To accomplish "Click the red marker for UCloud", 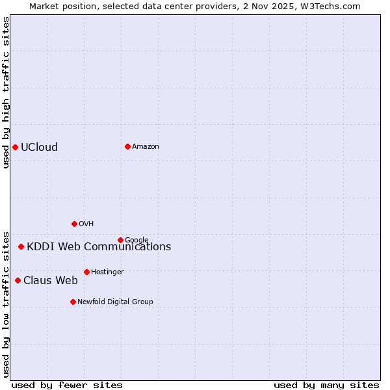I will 15,147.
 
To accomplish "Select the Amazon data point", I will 127,146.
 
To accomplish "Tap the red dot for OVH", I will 74,224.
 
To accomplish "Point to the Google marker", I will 120,240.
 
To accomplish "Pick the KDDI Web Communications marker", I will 21,246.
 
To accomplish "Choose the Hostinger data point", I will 86,272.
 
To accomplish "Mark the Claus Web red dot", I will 18,280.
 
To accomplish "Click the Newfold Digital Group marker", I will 73,302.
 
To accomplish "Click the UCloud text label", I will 39,147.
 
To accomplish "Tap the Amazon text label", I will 146,147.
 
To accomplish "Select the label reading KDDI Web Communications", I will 99,246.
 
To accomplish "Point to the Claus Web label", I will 51,281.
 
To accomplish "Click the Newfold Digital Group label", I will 115,302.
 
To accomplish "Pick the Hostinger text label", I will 107,272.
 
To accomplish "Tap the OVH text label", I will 86,224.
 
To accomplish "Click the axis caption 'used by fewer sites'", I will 67,385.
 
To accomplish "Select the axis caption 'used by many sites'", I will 326,385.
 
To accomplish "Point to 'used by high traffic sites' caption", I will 6,92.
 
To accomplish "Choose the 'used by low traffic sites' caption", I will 6,304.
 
